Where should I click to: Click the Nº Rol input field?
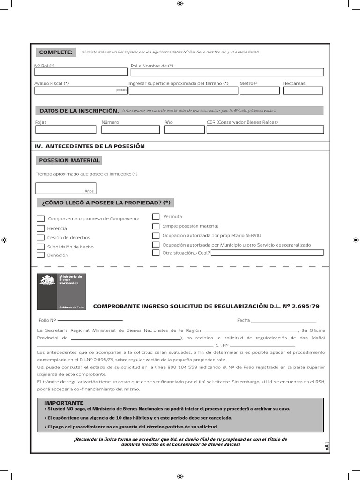[81, 72]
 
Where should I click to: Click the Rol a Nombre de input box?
[227, 72]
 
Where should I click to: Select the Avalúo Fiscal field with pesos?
[81, 90]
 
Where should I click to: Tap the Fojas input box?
[65, 130]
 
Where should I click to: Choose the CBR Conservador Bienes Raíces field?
[265, 130]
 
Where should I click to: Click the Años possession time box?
[66, 188]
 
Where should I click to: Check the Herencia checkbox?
[41, 228]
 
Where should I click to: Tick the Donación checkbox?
[41, 255]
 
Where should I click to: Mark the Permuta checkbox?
[156, 217]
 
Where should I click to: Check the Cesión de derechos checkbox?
[41, 238]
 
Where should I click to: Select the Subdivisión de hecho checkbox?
[41, 247]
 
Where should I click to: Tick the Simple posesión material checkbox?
[156, 226]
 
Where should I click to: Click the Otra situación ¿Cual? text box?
[267, 253]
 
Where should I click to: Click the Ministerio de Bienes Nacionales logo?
[61, 292]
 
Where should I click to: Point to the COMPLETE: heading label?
[56, 52]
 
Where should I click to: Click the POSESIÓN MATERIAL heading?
[69, 160]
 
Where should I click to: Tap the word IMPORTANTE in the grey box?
[64, 403]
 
